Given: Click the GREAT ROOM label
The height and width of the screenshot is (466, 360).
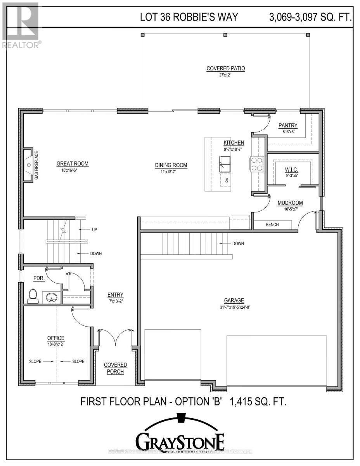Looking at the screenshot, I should pyautogui.click(x=73, y=164).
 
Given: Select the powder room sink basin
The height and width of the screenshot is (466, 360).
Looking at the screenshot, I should pyautogui.click(x=52, y=298).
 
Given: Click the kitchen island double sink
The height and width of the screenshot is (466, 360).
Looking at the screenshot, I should pyautogui.click(x=225, y=163).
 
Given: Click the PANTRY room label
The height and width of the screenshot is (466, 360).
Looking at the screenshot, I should pyautogui.click(x=288, y=125).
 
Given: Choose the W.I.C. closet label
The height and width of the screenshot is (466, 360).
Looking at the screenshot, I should pyautogui.click(x=291, y=169).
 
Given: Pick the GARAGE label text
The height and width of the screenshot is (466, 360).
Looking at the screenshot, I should pyautogui.click(x=234, y=300).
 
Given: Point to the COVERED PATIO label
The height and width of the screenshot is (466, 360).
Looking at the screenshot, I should pyautogui.click(x=225, y=68).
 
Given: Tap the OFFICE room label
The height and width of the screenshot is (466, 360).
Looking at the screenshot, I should pyautogui.click(x=55, y=338).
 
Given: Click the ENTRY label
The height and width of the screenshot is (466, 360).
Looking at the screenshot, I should pyautogui.click(x=115, y=295).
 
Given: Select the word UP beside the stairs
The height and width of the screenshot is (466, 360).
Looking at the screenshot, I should pyautogui.click(x=94, y=230).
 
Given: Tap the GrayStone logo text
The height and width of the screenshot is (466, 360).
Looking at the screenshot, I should pyautogui.click(x=180, y=441).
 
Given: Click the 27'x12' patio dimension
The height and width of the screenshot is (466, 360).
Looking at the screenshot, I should pyautogui.click(x=225, y=75).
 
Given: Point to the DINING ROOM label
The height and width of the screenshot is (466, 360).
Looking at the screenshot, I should pyautogui.click(x=171, y=165).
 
